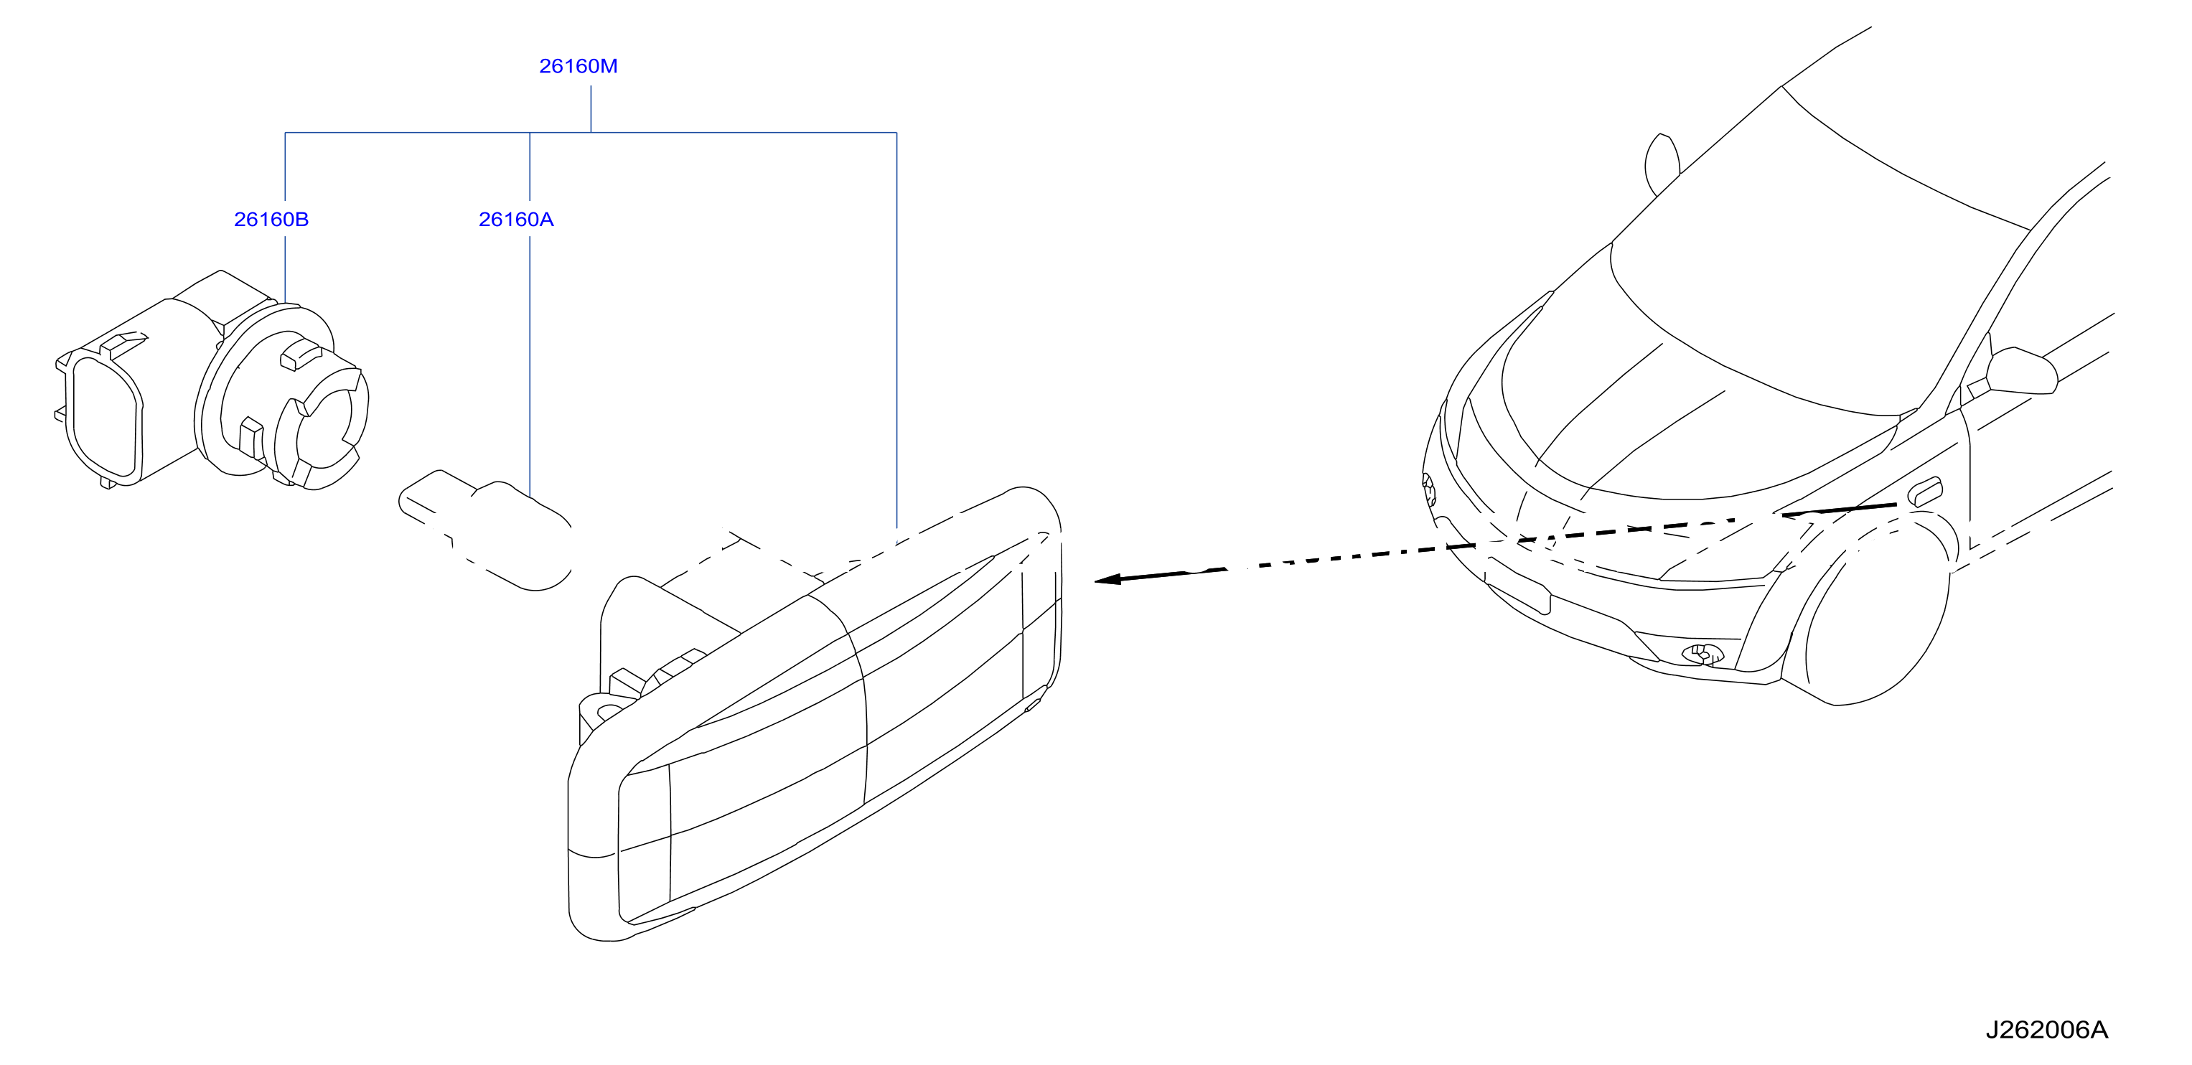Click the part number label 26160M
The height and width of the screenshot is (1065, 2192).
click(578, 66)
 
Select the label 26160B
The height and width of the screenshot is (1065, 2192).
click(271, 220)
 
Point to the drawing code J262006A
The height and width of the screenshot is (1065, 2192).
click(2046, 1030)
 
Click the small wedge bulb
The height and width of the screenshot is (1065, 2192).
click(486, 528)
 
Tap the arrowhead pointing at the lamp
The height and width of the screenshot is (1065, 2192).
click(1106, 580)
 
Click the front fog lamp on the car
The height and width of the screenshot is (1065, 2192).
click(1702, 654)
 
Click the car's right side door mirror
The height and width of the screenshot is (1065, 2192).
click(2020, 372)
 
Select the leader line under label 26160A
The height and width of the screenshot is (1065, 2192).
click(530, 367)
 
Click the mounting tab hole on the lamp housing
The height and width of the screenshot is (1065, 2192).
click(609, 710)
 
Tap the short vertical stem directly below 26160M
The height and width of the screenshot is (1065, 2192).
click(591, 109)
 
